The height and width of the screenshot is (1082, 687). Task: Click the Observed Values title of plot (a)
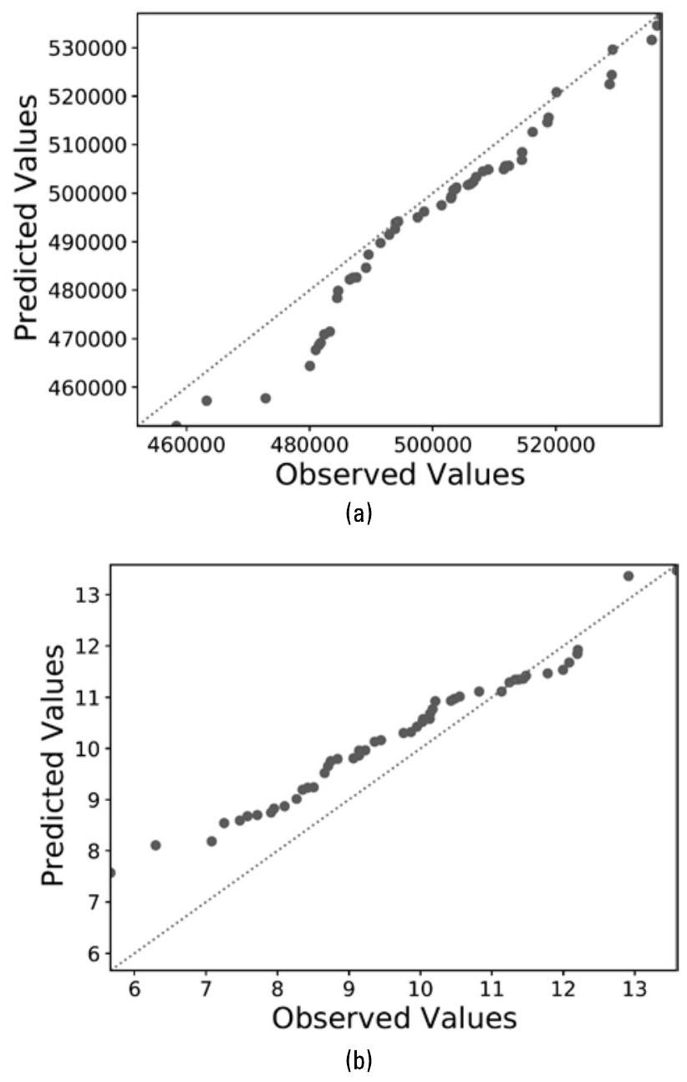(399, 474)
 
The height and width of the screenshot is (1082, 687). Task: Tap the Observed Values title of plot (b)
(394, 1018)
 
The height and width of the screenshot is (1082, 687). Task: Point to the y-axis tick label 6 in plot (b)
(94, 953)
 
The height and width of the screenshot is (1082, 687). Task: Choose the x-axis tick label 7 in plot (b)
(206, 987)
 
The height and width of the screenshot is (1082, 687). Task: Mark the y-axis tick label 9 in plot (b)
(94, 799)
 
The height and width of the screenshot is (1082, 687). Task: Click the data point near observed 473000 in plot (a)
(266, 398)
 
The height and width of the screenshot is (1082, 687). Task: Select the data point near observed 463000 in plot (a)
(206, 401)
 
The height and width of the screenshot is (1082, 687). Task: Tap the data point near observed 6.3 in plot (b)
(155, 845)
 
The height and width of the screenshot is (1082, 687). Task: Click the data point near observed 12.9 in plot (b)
(628, 575)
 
